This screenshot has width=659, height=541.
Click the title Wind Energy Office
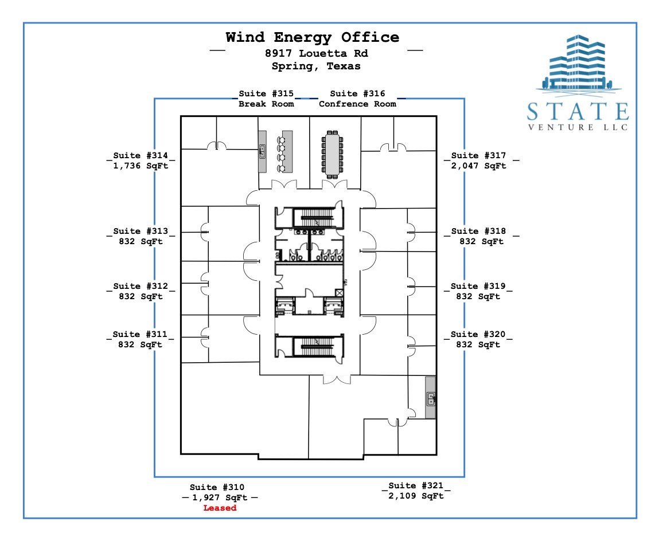coord(312,37)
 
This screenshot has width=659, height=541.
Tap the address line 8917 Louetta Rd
coord(317,53)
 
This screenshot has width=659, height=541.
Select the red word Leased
coord(220,508)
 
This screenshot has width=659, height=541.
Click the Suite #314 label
coord(141,155)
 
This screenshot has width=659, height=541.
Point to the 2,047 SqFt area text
coord(479,166)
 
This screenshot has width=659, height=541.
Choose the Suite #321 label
coord(416,485)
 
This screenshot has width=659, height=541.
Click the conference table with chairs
coord(332,154)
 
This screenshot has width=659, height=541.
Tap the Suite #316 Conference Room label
coord(358,99)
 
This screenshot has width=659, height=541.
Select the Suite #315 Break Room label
coord(267,99)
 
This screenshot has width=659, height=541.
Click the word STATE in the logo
coord(578,112)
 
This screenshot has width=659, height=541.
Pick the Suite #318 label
coord(479,231)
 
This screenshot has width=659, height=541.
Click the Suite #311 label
coord(140,334)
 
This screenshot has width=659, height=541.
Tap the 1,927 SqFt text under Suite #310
coord(220,498)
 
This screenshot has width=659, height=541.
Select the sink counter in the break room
coord(262,152)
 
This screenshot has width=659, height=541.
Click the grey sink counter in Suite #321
coord(430,397)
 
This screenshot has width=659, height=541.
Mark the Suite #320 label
coord(478,334)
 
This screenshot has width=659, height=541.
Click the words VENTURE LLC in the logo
coord(578,127)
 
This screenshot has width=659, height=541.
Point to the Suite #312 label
coord(141,286)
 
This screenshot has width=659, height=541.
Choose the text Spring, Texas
coord(316,66)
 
